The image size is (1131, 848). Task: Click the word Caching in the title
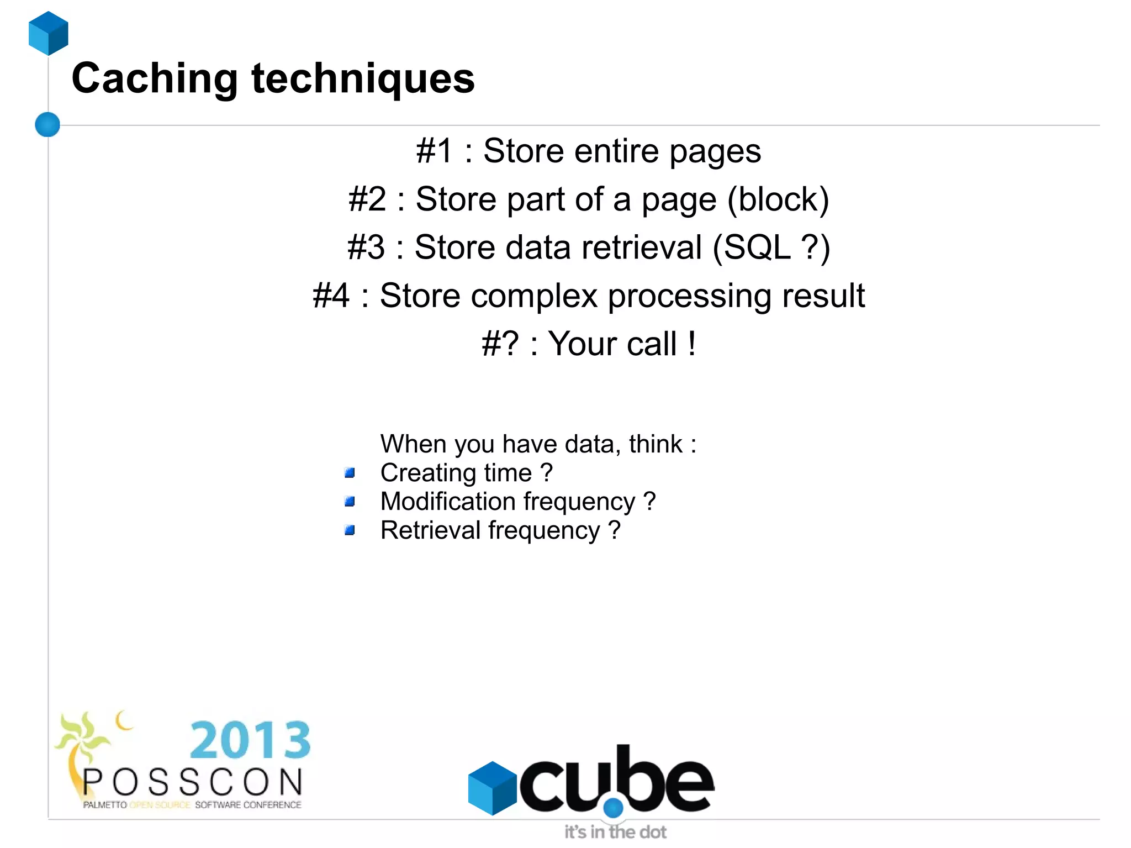click(x=155, y=78)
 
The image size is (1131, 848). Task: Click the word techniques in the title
click(x=363, y=78)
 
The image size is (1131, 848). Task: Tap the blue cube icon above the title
click(x=49, y=33)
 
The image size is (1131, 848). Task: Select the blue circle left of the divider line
click(x=47, y=124)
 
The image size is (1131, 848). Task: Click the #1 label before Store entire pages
click(x=434, y=151)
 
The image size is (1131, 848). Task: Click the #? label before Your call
click(x=500, y=344)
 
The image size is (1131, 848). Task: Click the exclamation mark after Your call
click(x=691, y=344)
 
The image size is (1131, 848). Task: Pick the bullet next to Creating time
click(x=350, y=473)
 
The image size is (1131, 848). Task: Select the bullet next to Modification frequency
click(x=350, y=502)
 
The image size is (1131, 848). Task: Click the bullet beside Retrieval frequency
click(x=350, y=530)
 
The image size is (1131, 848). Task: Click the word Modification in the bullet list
click(x=448, y=502)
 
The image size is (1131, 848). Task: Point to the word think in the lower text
click(x=656, y=444)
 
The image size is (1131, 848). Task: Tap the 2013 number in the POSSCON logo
click(x=250, y=740)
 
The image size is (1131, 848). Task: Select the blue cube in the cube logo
click(x=491, y=787)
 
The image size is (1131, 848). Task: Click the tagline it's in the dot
click(x=615, y=832)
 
